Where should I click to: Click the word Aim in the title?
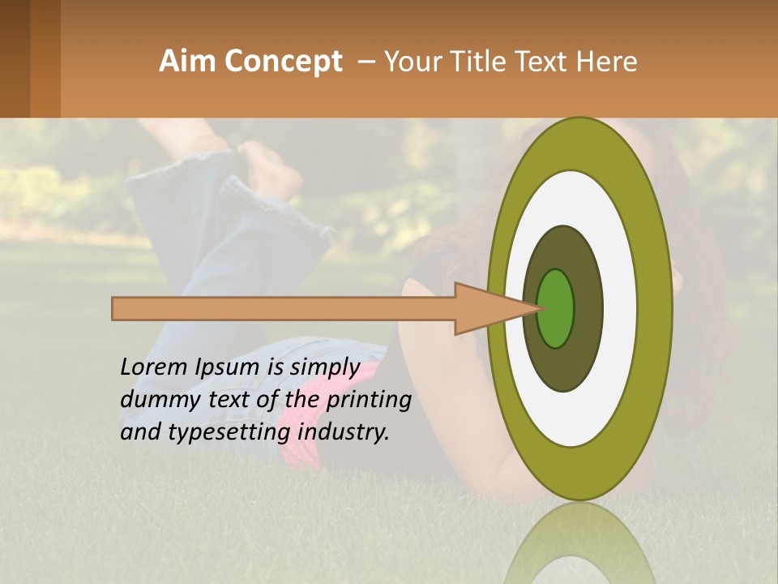187,62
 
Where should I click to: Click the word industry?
344,432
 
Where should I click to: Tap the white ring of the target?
619,308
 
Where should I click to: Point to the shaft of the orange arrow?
284,308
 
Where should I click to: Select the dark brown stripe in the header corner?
15,58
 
